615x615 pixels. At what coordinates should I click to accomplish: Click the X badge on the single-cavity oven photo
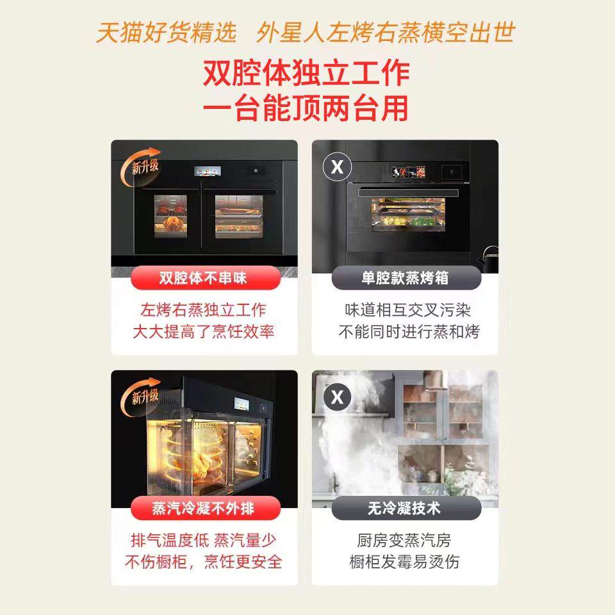[337, 167]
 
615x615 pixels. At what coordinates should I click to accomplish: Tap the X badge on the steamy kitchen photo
[337, 398]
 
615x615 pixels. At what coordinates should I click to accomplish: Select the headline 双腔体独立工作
[306, 73]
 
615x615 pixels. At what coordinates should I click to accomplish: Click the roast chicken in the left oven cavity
[173, 222]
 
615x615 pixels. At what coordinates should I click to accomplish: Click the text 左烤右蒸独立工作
[203, 310]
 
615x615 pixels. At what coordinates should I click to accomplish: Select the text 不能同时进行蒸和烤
[409, 332]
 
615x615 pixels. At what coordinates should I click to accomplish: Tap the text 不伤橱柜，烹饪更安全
[203, 562]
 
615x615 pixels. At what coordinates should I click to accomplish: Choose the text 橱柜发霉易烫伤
[404, 562]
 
